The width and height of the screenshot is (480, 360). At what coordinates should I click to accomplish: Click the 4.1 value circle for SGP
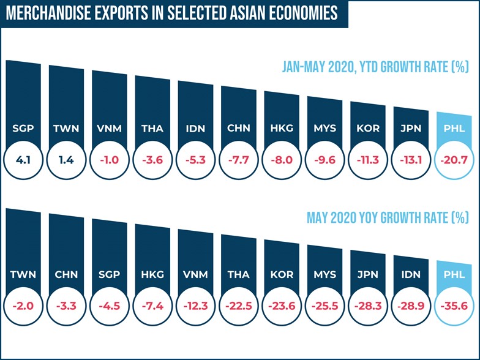tap(23, 161)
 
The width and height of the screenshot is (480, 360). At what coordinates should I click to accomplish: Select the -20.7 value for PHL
tap(454, 161)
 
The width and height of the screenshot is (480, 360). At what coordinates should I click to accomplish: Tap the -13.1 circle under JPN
tap(411, 161)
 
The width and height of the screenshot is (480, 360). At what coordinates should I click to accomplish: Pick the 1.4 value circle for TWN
tap(66, 161)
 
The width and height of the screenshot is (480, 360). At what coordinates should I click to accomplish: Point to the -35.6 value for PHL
tap(454, 304)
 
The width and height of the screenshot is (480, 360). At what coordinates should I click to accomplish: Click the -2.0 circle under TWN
tap(23, 304)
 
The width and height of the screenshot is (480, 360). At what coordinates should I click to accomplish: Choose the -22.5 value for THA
tap(238, 304)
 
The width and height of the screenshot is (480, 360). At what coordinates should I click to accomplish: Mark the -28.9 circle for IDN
tap(411, 304)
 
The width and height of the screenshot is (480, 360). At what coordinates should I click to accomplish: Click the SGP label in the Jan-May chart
tap(23, 129)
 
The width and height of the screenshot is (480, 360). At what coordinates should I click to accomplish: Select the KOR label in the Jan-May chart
tap(368, 129)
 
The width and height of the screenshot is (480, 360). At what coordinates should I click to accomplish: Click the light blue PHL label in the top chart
tap(454, 129)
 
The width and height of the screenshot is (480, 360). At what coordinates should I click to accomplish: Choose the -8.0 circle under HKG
tap(282, 161)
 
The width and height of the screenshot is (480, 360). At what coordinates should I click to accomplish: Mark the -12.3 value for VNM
tap(195, 304)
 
